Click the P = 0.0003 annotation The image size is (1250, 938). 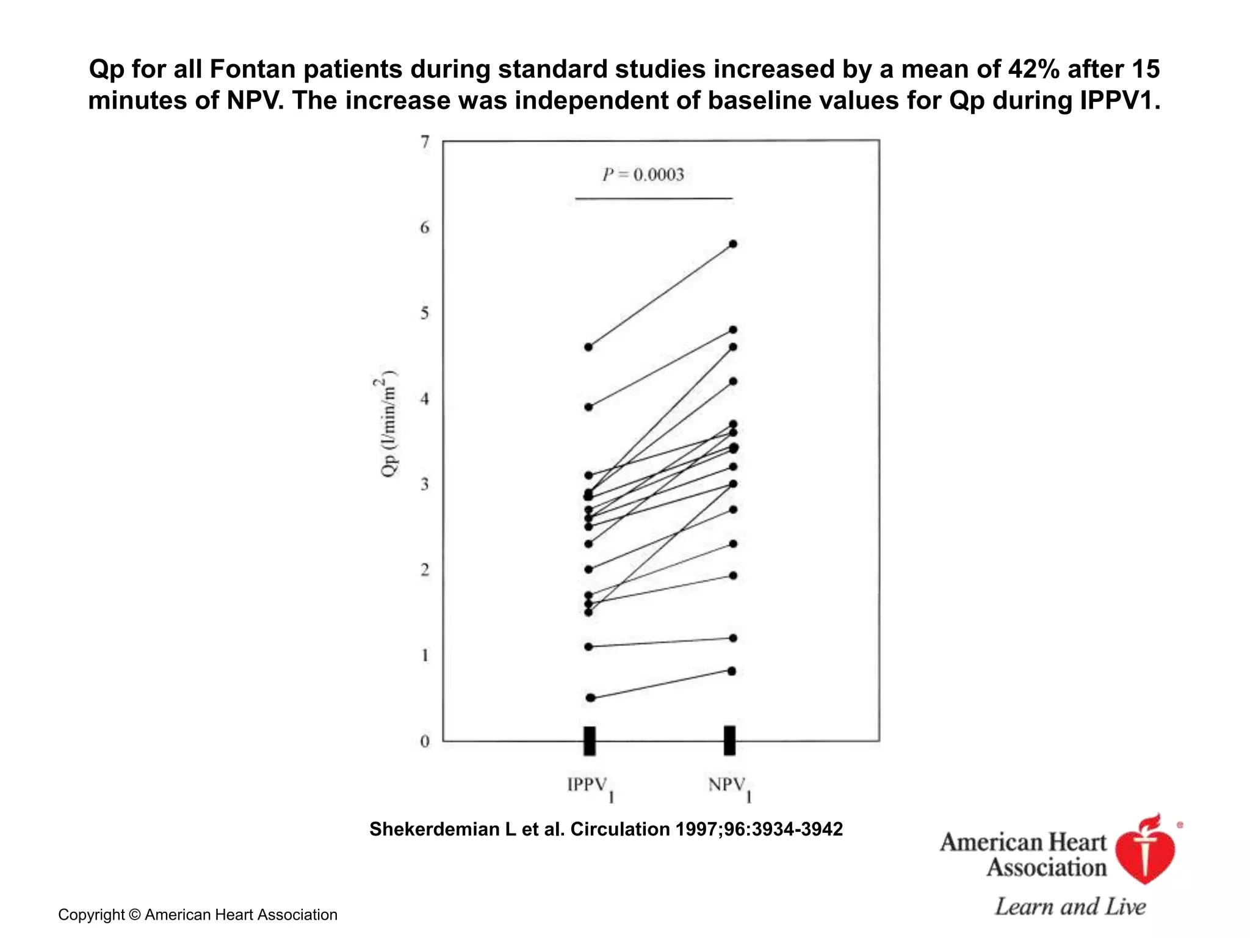[x=643, y=175]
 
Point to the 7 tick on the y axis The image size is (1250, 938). [x=425, y=142]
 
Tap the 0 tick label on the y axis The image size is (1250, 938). [x=425, y=742]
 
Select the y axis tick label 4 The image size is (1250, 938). [x=425, y=399]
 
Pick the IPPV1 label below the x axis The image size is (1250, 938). [x=590, y=787]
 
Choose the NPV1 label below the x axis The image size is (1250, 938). [x=729, y=787]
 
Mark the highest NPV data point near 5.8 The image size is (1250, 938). [x=733, y=244]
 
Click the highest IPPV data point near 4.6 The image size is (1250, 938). [x=588, y=347]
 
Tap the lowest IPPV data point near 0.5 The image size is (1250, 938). [x=590, y=698]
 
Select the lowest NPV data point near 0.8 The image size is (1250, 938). [x=732, y=671]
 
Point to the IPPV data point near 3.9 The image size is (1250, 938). [x=588, y=407]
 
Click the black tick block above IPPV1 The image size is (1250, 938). [x=590, y=741]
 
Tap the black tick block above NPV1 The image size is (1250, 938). [x=730, y=741]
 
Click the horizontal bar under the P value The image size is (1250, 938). [x=654, y=198]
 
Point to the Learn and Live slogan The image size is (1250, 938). [x=1070, y=907]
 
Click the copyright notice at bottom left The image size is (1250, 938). [x=198, y=915]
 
